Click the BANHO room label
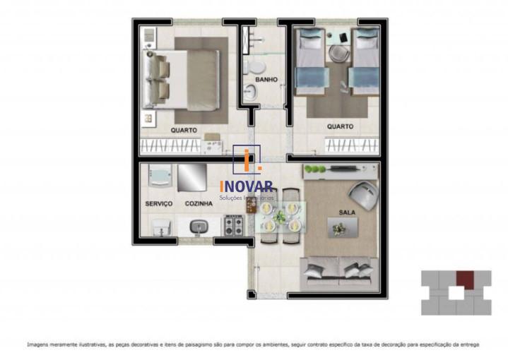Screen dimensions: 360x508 click(x=266, y=80)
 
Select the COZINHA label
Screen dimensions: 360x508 click(x=199, y=203)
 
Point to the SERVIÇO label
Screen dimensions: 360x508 click(x=159, y=203)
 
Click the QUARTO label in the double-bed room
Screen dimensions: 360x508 click(x=184, y=130)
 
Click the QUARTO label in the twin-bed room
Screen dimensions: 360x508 click(x=340, y=126)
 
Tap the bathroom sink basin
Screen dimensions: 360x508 click(x=250, y=91)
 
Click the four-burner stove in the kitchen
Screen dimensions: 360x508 click(x=233, y=227)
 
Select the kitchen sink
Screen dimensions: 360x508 click(x=199, y=227)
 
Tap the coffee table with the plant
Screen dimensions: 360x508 click(x=342, y=227)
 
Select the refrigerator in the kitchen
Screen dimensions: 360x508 click(x=191, y=177)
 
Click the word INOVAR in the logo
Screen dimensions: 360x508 click(x=247, y=187)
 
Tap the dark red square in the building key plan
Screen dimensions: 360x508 click(x=463, y=278)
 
